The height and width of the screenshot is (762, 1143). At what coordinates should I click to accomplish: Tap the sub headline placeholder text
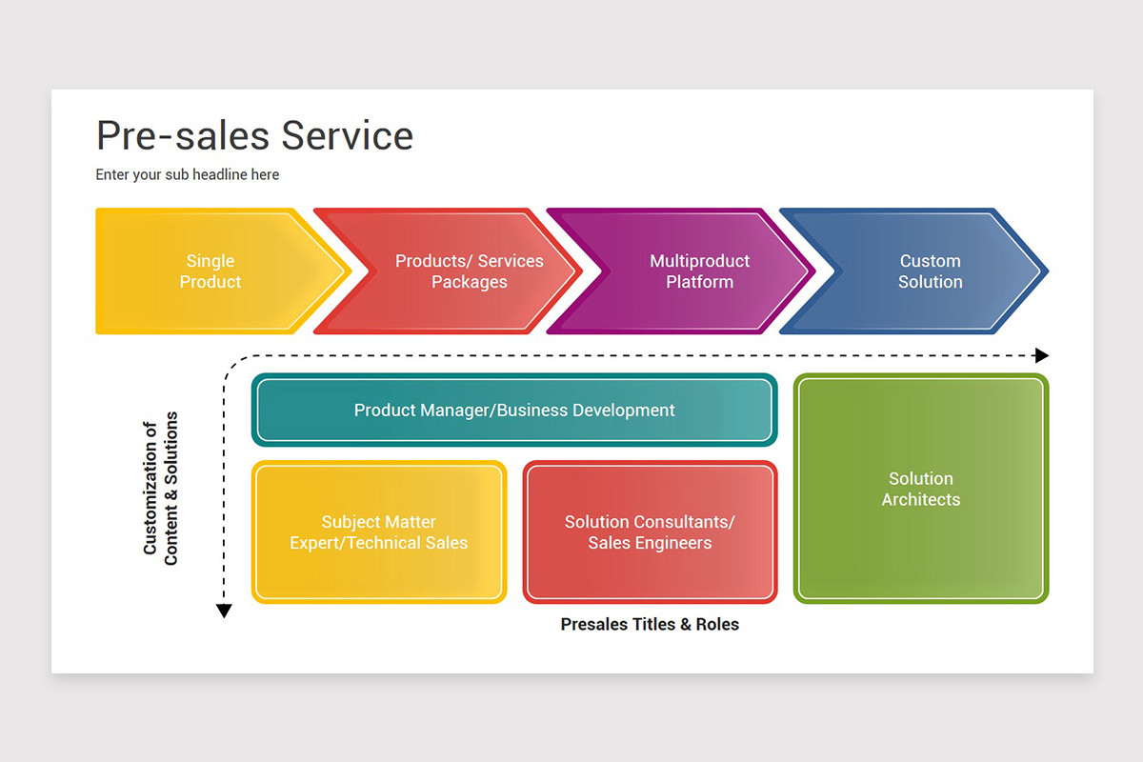[x=188, y=174]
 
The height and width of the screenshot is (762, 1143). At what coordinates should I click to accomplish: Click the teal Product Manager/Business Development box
[x=514, y=411]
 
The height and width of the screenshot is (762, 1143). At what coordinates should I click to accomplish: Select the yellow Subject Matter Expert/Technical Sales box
[x=379, y=532]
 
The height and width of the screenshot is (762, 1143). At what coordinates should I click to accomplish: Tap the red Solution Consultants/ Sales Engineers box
[x=650, y=532]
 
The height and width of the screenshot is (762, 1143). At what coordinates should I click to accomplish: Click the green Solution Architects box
[x=921, y=489]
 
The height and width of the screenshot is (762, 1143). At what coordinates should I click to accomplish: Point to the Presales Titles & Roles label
[x=650, y=625]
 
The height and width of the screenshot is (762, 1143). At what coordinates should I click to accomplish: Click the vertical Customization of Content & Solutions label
[x=160, y=489]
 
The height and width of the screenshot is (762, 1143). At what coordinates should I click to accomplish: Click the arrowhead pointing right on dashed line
[x=1041, y=355]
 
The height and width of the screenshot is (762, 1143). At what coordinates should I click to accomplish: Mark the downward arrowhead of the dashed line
[x=224, y=612]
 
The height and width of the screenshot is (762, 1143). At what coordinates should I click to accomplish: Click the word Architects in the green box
[x=921, y=500]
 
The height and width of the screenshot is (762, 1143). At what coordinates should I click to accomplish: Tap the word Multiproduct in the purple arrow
[x=700, y=261]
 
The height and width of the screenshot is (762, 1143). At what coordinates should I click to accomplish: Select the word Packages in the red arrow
[x=470, y=282]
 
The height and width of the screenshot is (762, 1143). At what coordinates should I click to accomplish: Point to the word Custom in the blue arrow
[x=931, y=261]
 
